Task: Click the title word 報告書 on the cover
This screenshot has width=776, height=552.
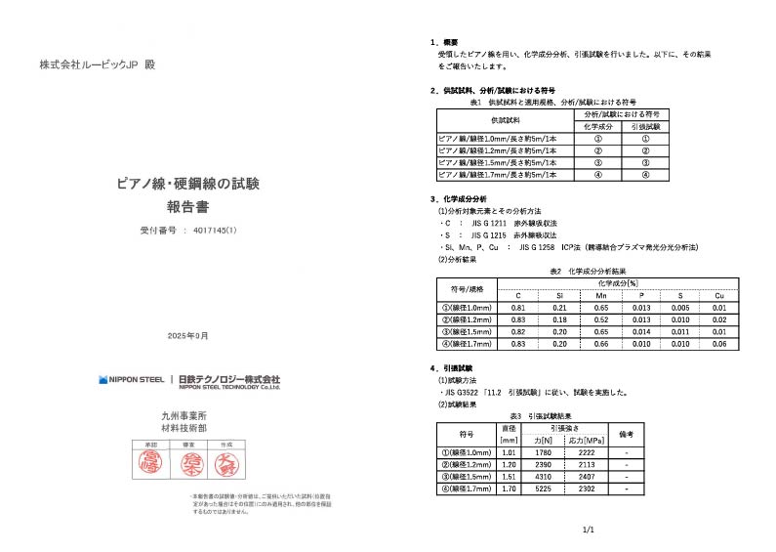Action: [x=187, y=207]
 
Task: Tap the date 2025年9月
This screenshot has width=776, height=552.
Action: [x=187, y=335]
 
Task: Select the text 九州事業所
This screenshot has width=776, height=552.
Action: [x=187, y=415]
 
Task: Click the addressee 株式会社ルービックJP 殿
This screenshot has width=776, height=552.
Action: [x=97, y=64]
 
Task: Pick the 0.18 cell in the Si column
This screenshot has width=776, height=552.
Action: [x=559, y=319]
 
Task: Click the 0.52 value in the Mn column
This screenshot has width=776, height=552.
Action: [x=600, y=319]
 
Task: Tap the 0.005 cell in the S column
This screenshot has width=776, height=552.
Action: [x=679, y=308]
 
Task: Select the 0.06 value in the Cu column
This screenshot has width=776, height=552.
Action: [x=718, y=343]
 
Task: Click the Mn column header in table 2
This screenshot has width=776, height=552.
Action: [x=600, y=295]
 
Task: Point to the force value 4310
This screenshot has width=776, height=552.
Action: [x=547, y=476]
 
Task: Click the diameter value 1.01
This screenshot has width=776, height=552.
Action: [x=508, y=452]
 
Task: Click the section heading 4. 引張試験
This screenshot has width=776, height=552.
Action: [x=453, y=368]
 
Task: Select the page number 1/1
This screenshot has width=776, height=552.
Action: [x=588, y=529]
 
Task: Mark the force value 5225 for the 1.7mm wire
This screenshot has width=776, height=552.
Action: [x=547, y=488]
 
